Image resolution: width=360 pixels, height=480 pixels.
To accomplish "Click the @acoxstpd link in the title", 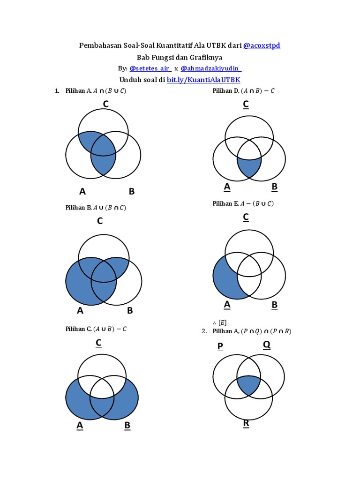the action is coord(262,45).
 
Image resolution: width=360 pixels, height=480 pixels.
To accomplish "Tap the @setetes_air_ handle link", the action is coord(150,68).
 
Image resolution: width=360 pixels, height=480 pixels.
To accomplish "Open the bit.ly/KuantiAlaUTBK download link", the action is coord(203,80).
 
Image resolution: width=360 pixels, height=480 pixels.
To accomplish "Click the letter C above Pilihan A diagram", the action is coord(106,104).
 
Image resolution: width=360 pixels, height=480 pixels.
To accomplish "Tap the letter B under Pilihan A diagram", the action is coord(132,191).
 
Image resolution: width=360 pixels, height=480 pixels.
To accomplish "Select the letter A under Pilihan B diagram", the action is coord(80,310).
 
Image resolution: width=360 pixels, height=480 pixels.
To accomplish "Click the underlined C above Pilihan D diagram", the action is coord(246,105).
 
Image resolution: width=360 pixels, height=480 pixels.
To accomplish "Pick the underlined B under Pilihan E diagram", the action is coord(275,305).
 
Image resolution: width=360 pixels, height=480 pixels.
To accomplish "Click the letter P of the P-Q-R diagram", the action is coord(220,346).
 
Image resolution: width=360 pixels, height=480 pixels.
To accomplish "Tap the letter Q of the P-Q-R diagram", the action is coord(267,345).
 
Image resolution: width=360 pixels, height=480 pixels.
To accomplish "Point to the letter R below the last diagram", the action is coord(246,424).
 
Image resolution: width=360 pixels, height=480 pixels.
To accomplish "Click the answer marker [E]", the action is coord(223,322).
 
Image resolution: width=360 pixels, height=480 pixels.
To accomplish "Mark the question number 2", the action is coord(204,331).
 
